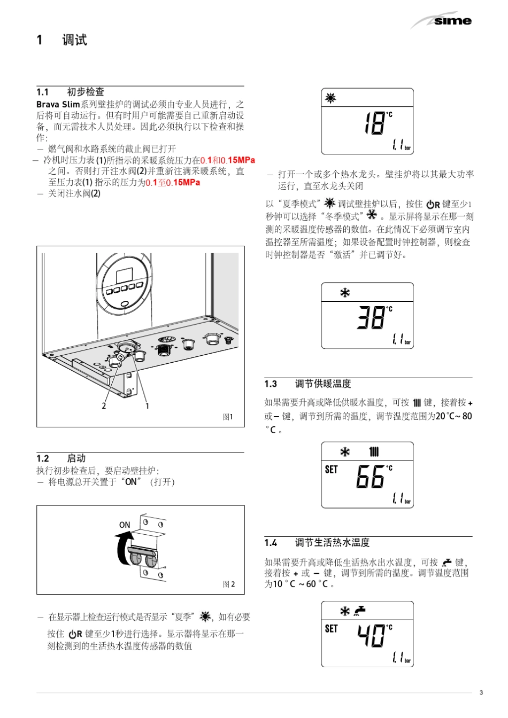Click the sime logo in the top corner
pos(452,21)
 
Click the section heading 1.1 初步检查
pos(70,92)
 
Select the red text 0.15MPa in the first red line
pos(238,160)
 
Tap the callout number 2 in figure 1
pos(104,406)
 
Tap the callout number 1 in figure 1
pos(147,406)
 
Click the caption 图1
pos(228,417)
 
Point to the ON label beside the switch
pos(125,525)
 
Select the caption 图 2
pos(228,584)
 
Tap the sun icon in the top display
pos(331,98)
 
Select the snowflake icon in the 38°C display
pos(345,293)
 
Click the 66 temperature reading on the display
pos(371,477)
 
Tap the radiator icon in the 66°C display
pos(374,452)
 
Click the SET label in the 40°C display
pos(332,628)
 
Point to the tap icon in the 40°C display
pos(360,611)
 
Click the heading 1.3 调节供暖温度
pos(307,384)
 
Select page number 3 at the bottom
pos(481,693)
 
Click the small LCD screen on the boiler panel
pos(124,276)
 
